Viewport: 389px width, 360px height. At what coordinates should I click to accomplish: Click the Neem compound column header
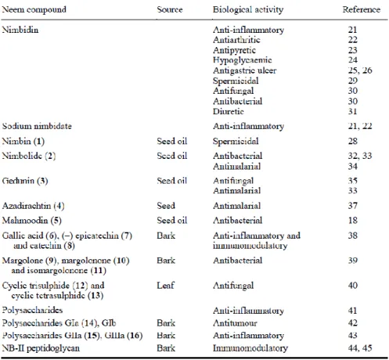tap(34, 10)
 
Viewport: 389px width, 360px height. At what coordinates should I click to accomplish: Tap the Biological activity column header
tap(248, 10)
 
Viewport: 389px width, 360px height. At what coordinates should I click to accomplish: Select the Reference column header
tap(362, 9)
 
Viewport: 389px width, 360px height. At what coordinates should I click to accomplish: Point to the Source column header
tap(170, 9)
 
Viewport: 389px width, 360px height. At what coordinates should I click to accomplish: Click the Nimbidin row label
tap(20, 30)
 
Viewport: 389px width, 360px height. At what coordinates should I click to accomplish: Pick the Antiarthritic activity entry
tap(236, 40)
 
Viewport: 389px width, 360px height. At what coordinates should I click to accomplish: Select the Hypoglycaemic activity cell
tap(243, 60)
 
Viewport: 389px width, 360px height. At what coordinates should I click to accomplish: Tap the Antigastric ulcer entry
tap(244, 70)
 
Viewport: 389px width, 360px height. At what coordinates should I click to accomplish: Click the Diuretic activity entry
tap(229, 111)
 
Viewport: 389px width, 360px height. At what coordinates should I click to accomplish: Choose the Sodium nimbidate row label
tap(37, 126)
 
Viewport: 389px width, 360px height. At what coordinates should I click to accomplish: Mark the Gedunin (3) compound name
tap(25, 181)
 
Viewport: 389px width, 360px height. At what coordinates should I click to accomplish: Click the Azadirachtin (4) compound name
tap(33, 206)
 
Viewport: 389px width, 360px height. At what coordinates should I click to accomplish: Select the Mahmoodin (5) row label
tap(32, 221)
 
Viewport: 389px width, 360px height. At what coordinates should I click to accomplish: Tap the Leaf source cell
tap(165, 285)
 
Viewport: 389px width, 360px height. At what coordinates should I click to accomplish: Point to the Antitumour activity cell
tap(235, 323)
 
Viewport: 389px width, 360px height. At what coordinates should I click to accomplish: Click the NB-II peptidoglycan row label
tap(41, 348)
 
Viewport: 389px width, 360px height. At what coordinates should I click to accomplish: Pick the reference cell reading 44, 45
tap(360, 348)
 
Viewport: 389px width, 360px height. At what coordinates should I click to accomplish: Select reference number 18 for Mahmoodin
tap(353, 221)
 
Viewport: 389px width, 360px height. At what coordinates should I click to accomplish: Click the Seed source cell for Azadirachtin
tap(166, 206)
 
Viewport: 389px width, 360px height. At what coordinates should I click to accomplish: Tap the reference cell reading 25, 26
tap(360, 70)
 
